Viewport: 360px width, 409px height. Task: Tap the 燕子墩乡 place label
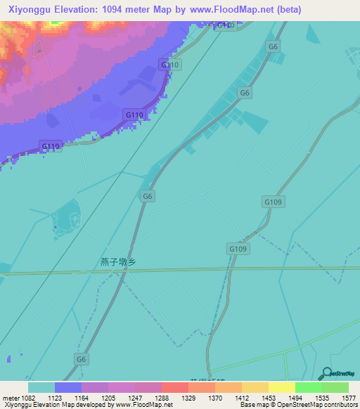click(117, 262)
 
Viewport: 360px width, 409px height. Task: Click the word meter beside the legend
click(7, 397)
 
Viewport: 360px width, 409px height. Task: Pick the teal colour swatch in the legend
click(41, 387)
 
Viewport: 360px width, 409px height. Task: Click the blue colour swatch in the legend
click(68, 387)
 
